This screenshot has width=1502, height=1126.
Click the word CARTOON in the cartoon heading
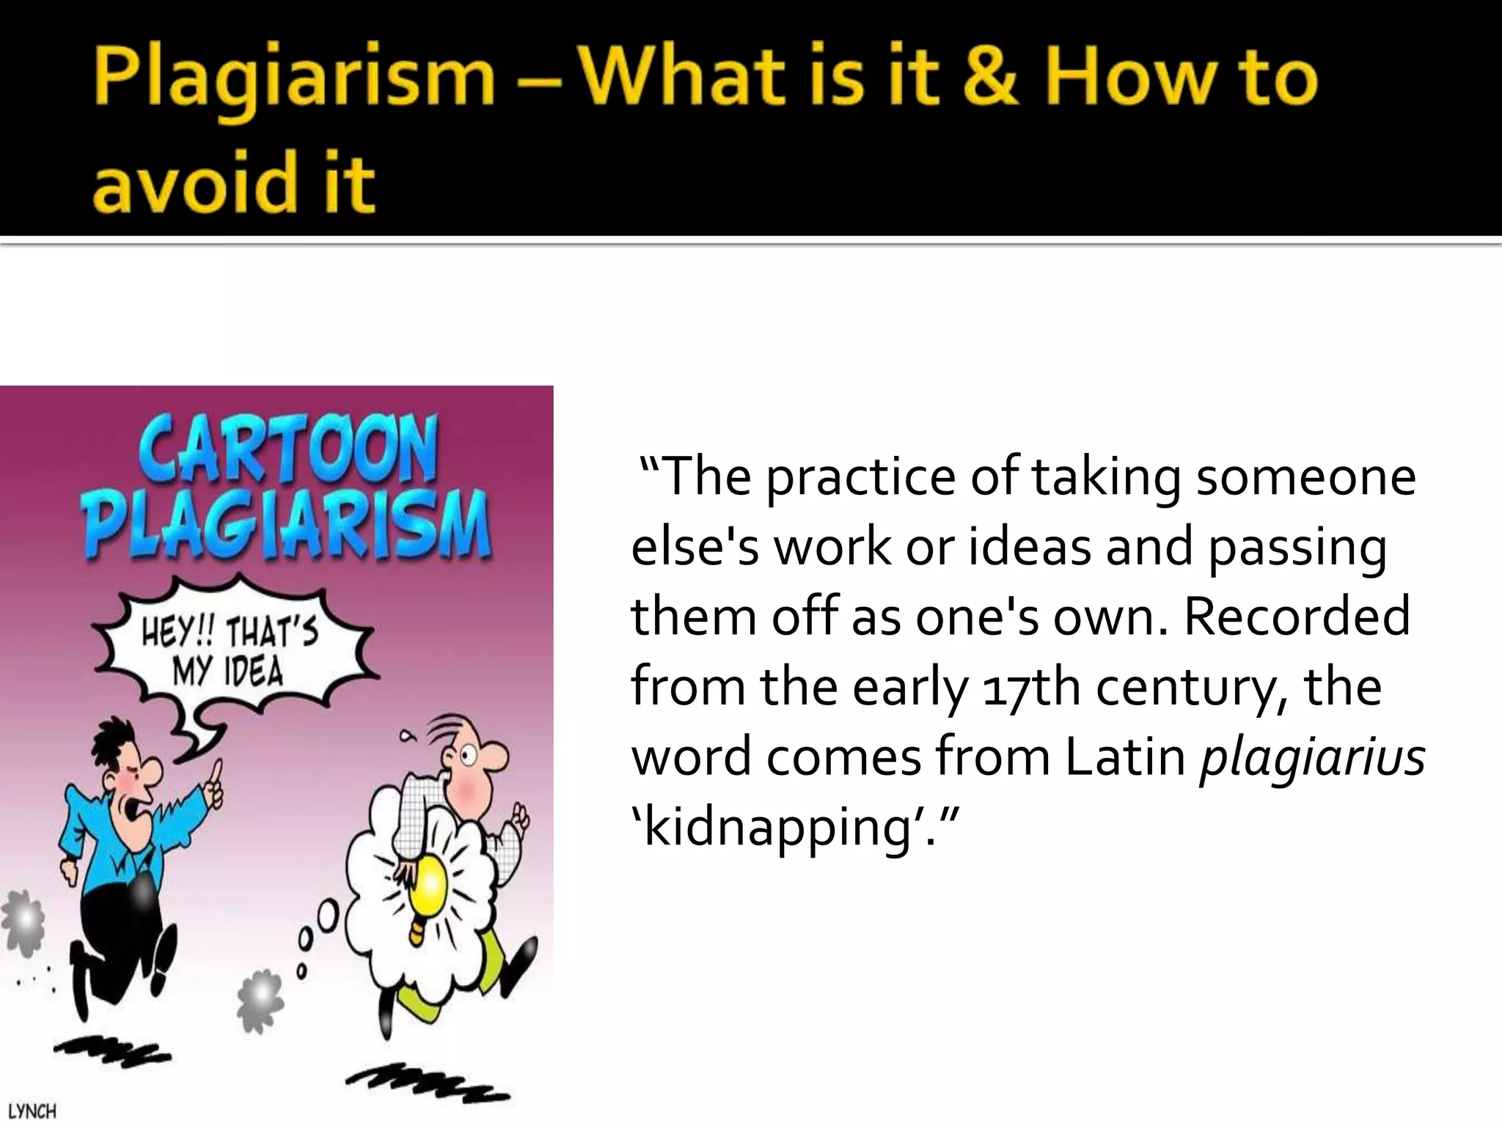pos(288,449)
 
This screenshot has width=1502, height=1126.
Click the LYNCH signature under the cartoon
pos(32,1111)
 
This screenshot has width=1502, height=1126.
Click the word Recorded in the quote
pos(1297,616)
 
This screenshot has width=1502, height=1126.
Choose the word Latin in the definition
pos(1125,757)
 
